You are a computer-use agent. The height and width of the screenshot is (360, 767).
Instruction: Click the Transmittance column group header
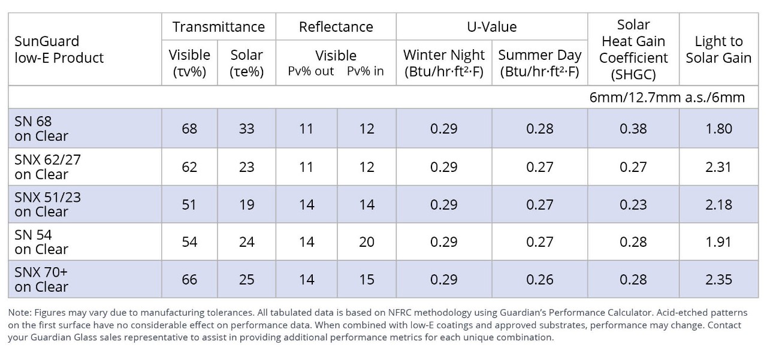218,27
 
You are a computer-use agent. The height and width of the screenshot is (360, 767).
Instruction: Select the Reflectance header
336,27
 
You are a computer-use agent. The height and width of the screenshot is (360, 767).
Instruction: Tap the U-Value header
491,27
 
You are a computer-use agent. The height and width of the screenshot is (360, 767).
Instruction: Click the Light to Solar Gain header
718,50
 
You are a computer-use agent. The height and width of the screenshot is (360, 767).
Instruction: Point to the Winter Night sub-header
444,63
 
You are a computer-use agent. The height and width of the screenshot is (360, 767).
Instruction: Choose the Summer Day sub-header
539,63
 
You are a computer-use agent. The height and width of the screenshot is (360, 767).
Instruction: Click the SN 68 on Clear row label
42,129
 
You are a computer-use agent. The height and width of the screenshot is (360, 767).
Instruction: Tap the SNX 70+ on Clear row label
42,280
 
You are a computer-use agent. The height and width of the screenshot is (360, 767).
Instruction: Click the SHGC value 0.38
633,129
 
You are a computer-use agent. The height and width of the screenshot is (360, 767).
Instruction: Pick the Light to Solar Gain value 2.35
718,280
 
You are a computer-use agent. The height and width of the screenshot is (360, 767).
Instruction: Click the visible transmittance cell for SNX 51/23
189,204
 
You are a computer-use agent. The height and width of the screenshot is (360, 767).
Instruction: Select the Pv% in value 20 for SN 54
366,242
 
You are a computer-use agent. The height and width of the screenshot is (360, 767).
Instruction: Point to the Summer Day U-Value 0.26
539,280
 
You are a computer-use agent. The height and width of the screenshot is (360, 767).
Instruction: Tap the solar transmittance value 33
246,129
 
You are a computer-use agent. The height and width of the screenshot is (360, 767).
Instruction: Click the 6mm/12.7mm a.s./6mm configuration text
667,98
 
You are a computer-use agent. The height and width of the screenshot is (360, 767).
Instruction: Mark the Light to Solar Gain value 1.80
718,129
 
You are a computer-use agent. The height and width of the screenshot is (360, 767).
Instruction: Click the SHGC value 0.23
633,204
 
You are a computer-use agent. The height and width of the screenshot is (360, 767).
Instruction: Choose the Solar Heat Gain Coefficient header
633,50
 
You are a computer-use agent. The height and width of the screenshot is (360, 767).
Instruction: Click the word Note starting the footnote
20,313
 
